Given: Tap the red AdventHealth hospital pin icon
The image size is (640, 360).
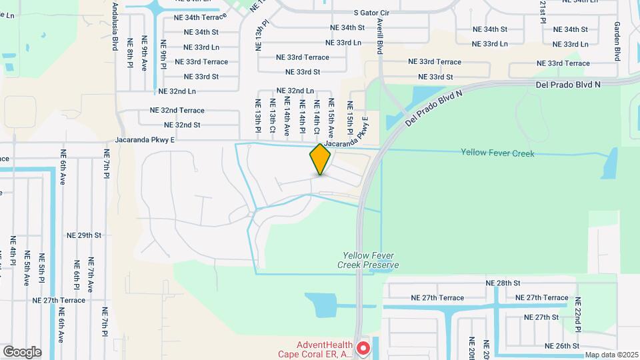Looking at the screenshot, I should (363, 348).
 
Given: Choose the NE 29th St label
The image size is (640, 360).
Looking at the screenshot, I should (84, 235).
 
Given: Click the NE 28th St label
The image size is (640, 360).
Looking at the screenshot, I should (503, 283).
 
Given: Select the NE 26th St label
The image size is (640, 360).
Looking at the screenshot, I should (562, 346).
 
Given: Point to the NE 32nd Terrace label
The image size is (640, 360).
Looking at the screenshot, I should (177, 110).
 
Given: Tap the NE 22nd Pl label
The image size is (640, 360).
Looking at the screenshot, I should (579, 315).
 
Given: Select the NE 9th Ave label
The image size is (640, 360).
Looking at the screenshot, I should (145, 54).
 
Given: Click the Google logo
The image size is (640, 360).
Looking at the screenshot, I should (21, 352).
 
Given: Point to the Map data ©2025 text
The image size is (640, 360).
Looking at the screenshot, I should (611, 355).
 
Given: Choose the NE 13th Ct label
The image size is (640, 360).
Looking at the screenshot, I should (272, 115).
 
